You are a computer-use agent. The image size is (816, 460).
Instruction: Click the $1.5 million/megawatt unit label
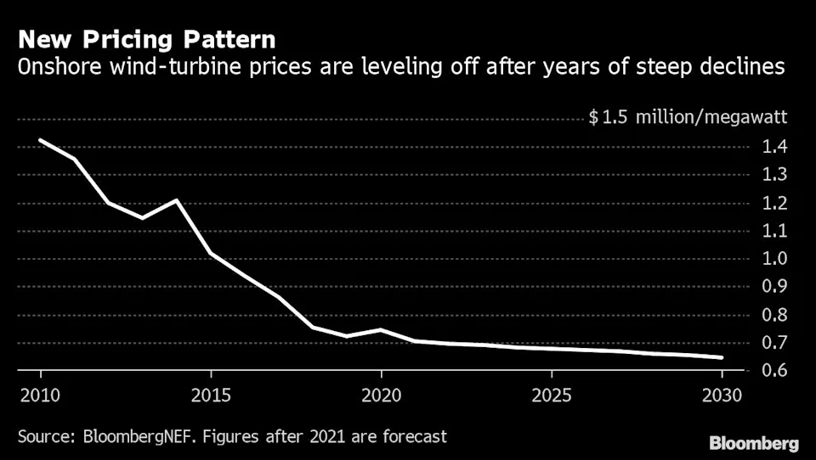coord(688,118)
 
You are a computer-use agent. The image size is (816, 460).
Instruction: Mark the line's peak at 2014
coord(176,200)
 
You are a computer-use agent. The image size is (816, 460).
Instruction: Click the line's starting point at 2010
coord(40,140)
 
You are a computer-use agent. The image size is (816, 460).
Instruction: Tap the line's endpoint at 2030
coord(722,357)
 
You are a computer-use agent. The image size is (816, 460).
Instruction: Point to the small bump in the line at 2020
coord(381,329)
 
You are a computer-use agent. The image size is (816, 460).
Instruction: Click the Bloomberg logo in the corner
coord(755,443)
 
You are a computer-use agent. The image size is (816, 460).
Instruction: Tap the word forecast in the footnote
coord(414,437)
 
